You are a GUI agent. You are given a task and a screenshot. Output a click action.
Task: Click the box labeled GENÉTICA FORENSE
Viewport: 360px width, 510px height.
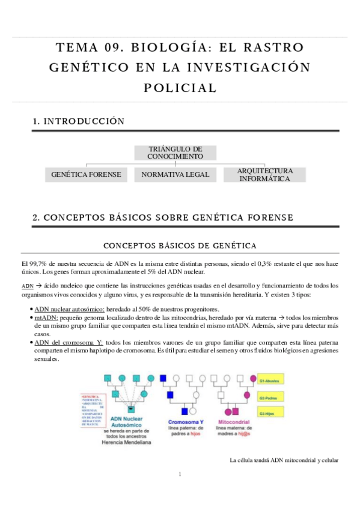[86, 174]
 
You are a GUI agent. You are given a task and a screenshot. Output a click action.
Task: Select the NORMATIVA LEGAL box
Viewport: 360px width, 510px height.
[171, 174]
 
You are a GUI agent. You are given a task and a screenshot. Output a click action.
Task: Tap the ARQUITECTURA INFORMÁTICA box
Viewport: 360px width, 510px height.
[264, 174]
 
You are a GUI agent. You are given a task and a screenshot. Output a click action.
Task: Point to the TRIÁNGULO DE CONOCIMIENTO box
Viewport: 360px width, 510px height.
[175, 152]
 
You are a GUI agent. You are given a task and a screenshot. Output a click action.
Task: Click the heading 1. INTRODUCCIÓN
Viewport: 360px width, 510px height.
[79, 121]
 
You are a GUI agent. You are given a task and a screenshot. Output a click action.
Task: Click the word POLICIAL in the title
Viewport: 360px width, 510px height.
[180, 88]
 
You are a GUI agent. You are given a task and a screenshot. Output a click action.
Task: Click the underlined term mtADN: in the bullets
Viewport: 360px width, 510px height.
[46, 315]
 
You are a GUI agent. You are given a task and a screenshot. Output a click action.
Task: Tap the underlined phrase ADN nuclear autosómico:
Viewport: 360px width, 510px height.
[69, 308]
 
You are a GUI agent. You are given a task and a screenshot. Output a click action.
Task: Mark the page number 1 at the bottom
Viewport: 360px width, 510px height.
[180, 475]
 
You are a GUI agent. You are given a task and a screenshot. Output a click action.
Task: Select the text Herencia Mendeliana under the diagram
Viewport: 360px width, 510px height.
[127, 442]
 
